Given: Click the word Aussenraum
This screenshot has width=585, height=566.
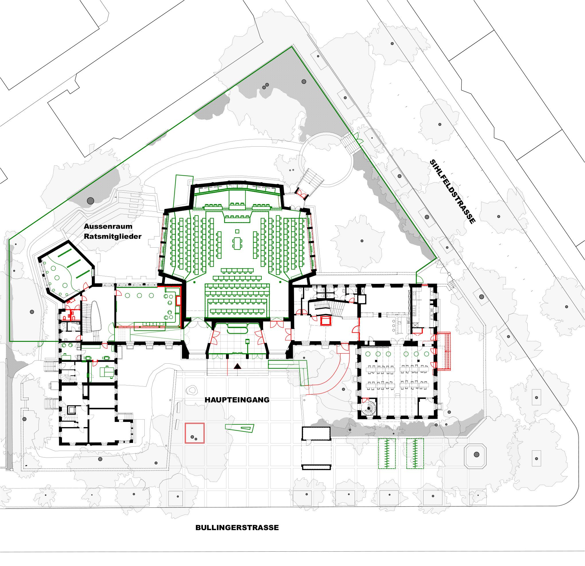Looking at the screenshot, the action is [108, 226].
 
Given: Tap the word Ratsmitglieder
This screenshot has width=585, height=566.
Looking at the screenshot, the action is [112, 237].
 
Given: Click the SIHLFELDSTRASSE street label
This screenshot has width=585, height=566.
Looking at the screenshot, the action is [452, 192].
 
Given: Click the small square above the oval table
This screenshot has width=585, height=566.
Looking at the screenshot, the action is [237, 231].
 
